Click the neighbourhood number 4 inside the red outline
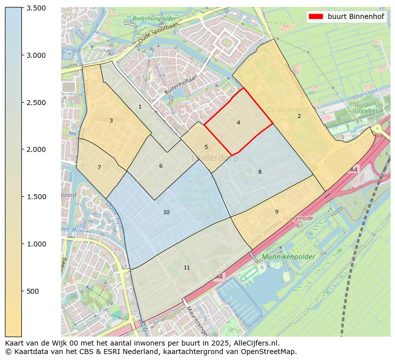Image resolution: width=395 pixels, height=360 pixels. pyautogui.click(x=238, y=122)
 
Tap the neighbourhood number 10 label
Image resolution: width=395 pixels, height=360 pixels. pyautogui.click(x=166, y=212)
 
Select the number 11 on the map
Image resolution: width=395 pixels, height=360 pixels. pyautogui.click(x=187, y=267)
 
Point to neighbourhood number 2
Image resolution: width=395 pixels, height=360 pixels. pyautogui.click(x=299, y=116)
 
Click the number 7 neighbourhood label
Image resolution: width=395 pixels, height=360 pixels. pyautogui.click(x=99, y=167)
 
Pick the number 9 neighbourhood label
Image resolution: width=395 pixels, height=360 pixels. pyautogui.click(x=277, y=212)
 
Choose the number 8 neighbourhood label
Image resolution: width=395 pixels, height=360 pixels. pyautogui.click(x=259, y=172)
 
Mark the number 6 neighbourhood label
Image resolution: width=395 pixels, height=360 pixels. pyautogui.click(x=161, y=166)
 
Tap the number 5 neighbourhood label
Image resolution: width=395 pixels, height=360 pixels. pyautogui.click(x=206, y=147)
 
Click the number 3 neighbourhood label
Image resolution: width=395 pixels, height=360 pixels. pyautogui.click(x=111, y=120)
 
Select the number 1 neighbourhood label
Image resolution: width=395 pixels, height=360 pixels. pyautogui.click(x=140, y=107)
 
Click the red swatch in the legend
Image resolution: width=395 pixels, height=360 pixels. pyautogui.click(x=315, y=16)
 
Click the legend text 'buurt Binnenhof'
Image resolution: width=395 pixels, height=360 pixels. pyautogui.click(x=356, y=16)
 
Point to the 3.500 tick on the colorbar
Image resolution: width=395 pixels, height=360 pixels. pyautogui.click(x=36, y=8)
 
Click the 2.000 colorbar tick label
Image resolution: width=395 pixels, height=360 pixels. pyautogui.click(x=36, y=149)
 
